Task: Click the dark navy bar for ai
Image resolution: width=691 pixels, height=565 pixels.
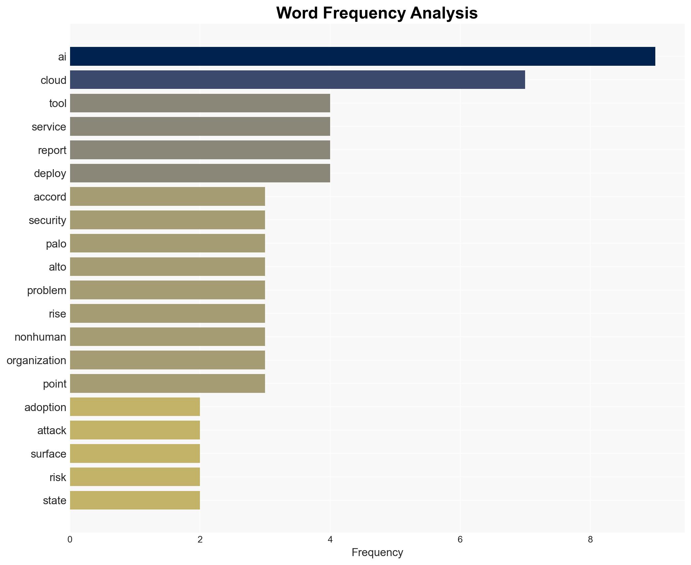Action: click(x=362, y=56)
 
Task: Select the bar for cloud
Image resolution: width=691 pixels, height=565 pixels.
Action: click(x=297, y=80)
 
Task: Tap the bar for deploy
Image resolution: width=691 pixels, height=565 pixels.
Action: click(x=200, y=173)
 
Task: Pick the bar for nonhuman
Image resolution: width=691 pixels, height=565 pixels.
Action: click(x=167, y=337)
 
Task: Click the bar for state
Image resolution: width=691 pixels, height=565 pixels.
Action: click(x=135, y=500)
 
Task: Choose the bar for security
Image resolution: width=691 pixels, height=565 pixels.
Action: click(x=167, y=220)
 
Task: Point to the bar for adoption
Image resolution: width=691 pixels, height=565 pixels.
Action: click(x=135, y=407)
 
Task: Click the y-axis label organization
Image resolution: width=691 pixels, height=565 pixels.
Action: click(x=36, y=360)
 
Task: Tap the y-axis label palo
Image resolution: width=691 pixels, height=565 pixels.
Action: click(x=56, y=244)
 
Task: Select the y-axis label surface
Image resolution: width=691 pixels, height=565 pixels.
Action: click(x=48, y=454)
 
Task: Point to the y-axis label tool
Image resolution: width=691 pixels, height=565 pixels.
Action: click(x=58, y=103)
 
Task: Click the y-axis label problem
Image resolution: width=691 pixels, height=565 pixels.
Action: click(x=47, y=290)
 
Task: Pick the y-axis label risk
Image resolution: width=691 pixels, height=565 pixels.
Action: click(x=58, y=477)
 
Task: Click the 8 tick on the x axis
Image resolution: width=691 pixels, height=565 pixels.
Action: click(x=590, y=540)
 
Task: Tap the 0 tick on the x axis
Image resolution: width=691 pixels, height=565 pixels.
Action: click(x=70, y=540)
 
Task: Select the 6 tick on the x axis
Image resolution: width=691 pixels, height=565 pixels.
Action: click(x=460, y=540)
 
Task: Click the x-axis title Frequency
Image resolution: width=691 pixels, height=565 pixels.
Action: click(x=377, y=552)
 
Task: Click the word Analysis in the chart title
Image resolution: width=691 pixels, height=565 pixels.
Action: click(x=444, y=13)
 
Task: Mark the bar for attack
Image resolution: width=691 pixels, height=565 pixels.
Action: click(x=135, y=430)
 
